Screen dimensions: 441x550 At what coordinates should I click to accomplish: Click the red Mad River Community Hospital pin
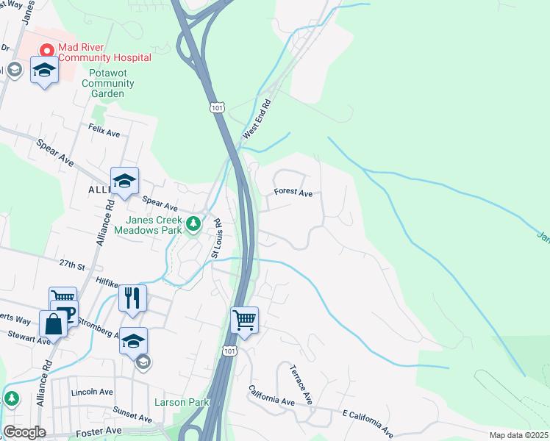pos(47,51)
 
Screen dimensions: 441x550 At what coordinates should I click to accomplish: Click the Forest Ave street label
pos(293,193)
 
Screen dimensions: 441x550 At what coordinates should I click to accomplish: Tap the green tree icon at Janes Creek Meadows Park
pos(193,223)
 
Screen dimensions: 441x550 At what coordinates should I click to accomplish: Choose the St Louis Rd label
pos(216,237)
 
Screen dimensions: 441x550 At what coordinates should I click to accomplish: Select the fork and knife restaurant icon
pos(132,298)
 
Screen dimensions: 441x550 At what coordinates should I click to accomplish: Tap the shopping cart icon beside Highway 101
pos(244,320)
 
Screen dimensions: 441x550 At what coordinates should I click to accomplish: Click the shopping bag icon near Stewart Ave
pos(53,323)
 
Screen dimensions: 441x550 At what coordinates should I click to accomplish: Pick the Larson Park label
pos(182,402)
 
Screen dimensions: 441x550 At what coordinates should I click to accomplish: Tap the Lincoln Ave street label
pos(90,392)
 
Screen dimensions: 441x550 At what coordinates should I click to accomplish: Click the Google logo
pos(24,432)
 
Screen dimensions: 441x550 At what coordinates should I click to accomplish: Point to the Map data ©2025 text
pos(518,435)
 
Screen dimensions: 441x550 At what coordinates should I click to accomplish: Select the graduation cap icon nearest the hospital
pos(45,71)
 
